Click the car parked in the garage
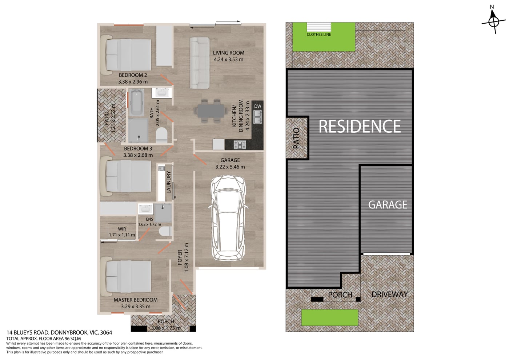[229, 217]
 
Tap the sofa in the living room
[200, 63]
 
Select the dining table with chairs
[211, 111]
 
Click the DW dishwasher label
[258, 106]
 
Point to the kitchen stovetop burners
[240, 144]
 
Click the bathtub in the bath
[136, 103]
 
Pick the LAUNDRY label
[168, 182]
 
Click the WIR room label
[122, 229]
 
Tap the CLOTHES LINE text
[318, 35]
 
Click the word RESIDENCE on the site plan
[360, 127]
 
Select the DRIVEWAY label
[389, 294]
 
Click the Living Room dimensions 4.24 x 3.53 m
[228, 60]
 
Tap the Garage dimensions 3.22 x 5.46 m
[230, 167]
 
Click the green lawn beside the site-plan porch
[330, 317]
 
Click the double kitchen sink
[257, 117]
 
